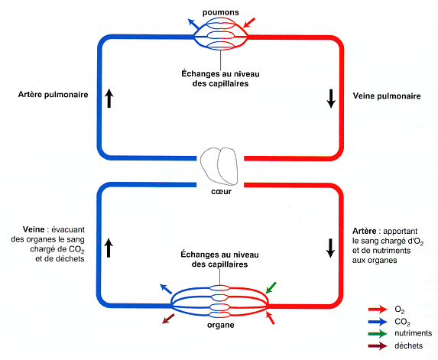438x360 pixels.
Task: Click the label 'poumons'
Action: tap(221, 12)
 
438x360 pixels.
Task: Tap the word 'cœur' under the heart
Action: tap(221, 192)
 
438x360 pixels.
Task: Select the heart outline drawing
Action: tap(219, 166)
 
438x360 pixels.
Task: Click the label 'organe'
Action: tap(221, 325)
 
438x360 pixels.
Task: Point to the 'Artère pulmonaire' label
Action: tap(53, 95)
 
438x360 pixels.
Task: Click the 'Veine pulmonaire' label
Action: tap(387, 96)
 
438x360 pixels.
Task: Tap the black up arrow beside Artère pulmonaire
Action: tap(109, 98)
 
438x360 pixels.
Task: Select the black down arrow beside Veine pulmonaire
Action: tap(331, 99)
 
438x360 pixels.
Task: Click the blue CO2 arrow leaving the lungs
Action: tap(193, 24)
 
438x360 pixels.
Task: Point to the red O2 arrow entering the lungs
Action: tap(249, 23)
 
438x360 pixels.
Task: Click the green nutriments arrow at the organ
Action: tap(271, 288)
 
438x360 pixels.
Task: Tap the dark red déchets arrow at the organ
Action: tap(168, 319)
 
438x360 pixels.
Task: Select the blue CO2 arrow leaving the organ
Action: tap(166, 289)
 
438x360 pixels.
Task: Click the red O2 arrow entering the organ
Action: tap(270, 318)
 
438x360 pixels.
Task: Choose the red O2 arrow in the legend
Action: tap(378, 309)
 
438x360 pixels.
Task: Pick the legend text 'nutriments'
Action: tap(413, 333)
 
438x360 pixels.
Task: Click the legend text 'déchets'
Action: tap(408, 345)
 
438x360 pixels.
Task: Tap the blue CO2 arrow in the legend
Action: tap(378, 322)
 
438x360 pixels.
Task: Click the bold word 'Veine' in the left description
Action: tap(34, 229)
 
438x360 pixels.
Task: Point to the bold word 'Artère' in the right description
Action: tap(365, 232)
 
